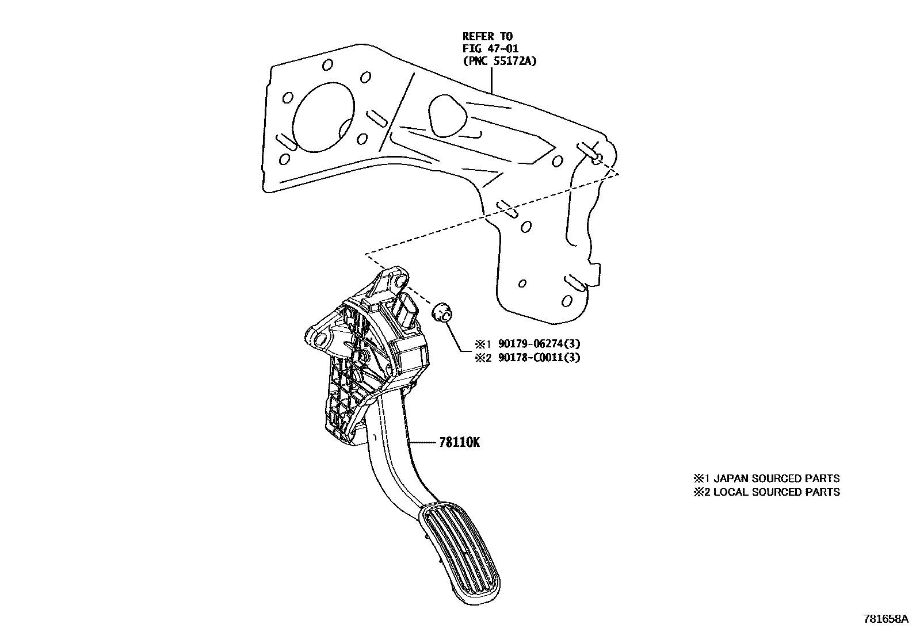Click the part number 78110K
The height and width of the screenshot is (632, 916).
tap(459, 442)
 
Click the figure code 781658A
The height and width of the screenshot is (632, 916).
tap(885, 619)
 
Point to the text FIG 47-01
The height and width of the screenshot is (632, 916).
tap(491, 49)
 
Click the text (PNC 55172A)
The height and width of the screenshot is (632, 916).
tap(499, 61)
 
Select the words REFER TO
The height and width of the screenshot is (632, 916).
tap(487, 37)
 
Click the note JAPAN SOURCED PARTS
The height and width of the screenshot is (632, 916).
tap(776, 478)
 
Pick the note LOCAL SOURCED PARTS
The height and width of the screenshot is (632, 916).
tap(776, 492)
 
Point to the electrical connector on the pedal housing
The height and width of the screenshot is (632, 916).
tap(409, 313)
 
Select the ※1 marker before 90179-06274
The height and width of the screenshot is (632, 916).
tap(481, 344)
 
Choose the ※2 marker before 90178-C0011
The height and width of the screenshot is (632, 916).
tap(481, 358)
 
